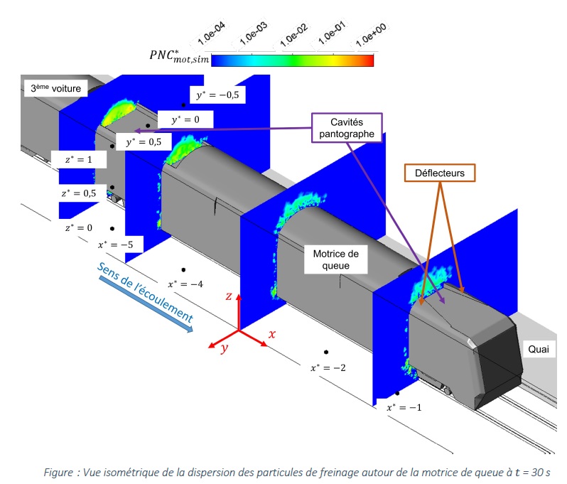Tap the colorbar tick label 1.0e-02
tap(291, 35)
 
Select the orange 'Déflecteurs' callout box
tap(441, 172)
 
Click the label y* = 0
tap(180, 119)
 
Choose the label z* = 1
tap(78, 160)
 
